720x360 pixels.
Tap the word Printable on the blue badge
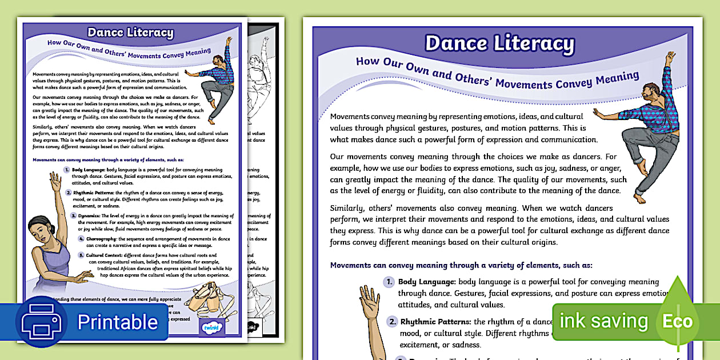pyautogui.click(x=117, y=322)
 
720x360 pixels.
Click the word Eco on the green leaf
pyautogui.click(x=677, y=321)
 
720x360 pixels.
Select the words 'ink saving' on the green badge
pyautogui.click(x=603, y=321)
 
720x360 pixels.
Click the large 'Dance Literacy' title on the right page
pyautogui.click(x=499, y=43)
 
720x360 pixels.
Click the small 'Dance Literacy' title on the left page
pyautogui.click(x=130, y=33)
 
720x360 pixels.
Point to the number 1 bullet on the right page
pyautogui.click(x=389, y=282)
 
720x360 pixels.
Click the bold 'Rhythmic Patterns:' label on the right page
pyautogui.click(x=435, y=322)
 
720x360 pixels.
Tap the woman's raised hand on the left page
pyautogui.click(x=55, y=182)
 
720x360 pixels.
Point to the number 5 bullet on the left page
pyautogui.click(x=81, y=255)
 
